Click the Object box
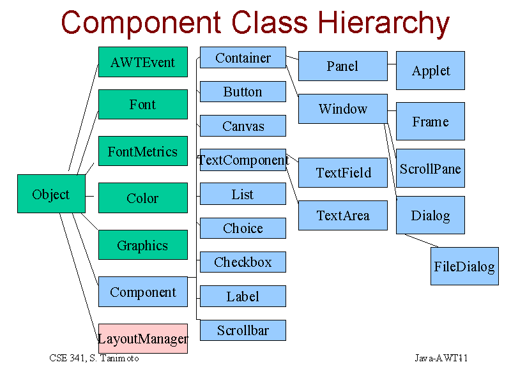(x=51, y=194)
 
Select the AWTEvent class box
(x=143, y=62)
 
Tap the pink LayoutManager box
(x=143, y=338)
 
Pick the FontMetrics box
(x=143, y=151)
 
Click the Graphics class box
(x=143, y=245)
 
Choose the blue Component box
(x=143, y=292)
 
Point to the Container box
(x=243, y=57)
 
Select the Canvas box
(x=243, y=126)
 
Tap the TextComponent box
(x=243, y=160)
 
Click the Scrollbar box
(x=243, y=330)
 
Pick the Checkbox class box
(x=243, y=262)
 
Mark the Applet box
(x=431, y=70)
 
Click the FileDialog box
(x=465, y=266)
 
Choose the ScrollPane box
(x=431, y=168)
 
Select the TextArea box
(x=343, y=215)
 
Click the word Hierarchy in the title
(x=383, y=24)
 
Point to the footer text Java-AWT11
(x=441, y=358)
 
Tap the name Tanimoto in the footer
(x=119, y=358)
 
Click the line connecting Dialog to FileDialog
(x=422, y=241)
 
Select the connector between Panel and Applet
(x=392, y=64)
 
